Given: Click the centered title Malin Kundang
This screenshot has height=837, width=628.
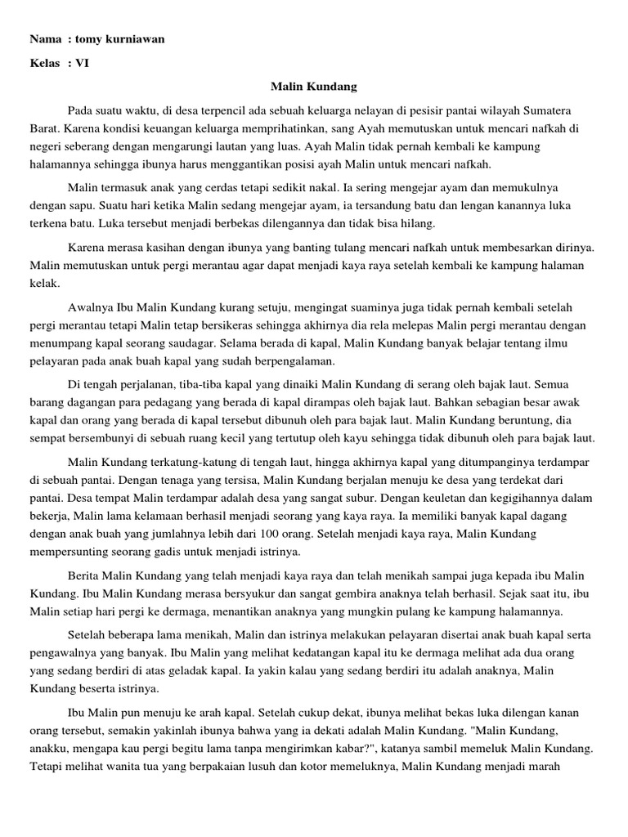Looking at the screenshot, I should pos(314,86).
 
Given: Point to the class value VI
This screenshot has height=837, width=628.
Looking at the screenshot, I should pos(82,63).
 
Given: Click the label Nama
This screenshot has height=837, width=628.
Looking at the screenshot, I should pos(45,39).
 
